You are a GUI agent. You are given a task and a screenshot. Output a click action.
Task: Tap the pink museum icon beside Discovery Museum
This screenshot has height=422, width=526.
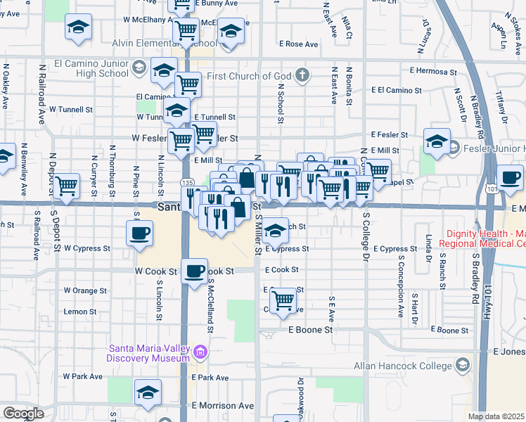pos(200,352)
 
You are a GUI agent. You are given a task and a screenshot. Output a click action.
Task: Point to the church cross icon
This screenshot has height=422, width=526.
pos(302,75)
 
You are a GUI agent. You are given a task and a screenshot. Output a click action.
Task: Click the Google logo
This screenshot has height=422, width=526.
pos(23,414)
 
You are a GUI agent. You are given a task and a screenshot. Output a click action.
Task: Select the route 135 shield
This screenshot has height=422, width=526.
pos(187,182)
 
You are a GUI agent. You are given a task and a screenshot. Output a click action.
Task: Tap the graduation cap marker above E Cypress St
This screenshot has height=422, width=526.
pos(276,229)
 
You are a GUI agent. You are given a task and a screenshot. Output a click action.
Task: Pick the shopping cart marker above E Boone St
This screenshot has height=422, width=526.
pos(283,300)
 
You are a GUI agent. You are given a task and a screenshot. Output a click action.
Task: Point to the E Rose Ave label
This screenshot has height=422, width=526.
pos(298,44)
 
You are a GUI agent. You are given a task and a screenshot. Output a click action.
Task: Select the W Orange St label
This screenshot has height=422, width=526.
pos(85,290)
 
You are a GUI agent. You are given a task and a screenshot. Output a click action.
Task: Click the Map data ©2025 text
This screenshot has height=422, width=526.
pos(496,416)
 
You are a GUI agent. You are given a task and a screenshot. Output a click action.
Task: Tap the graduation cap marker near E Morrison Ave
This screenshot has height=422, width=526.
pos(148,392)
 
